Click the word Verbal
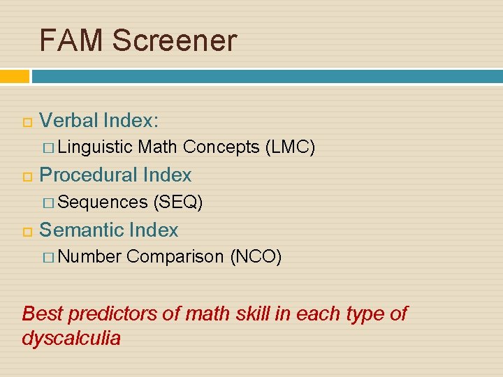pos(68,121)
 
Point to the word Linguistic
pos(96,147)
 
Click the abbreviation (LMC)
pos(290,147)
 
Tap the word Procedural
pos(89,175)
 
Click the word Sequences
pos(103,202)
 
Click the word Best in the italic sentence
pos(43,313)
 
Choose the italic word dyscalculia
pos(71,339)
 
